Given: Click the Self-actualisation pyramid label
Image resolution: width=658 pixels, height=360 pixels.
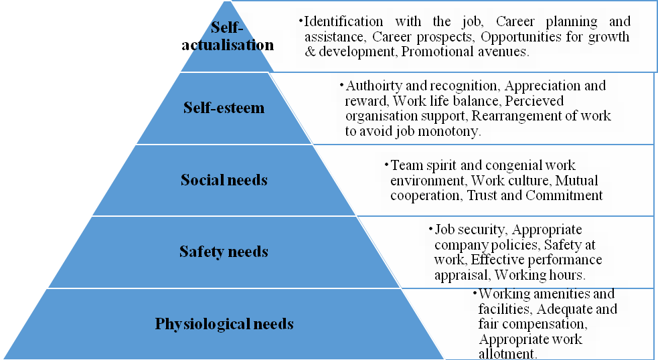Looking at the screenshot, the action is click(228, 36).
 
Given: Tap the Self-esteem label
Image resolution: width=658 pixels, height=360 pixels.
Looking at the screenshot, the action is click(224, 108).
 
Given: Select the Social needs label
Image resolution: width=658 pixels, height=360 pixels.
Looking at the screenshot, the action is click(224, 179).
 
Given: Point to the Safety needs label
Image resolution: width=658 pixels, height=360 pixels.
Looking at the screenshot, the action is click(224, 252).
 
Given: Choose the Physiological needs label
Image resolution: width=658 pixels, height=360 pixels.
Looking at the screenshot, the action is click(224, 324).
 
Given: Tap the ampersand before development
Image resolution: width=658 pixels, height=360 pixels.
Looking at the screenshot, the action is click(310, 52).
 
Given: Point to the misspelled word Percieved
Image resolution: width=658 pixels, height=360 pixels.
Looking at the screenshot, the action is click(534, 101).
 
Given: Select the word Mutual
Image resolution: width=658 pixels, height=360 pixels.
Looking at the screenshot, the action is click(576, 181).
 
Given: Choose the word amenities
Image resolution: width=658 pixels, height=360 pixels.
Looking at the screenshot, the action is click(555, 294).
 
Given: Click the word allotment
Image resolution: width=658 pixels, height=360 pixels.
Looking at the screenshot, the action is click(508, 354).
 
